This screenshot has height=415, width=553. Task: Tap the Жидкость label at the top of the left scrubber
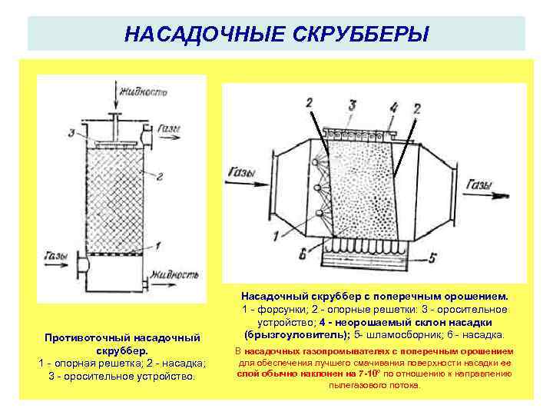coord(144,92)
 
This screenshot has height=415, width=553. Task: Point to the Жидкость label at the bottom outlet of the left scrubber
coord(175,274)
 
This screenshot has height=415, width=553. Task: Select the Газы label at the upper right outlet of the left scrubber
coord(170,131)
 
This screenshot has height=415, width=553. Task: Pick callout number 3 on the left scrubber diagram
coord(71,133)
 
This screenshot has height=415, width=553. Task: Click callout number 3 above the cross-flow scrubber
coord(352,104)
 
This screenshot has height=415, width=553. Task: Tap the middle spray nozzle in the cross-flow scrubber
coord(318,187)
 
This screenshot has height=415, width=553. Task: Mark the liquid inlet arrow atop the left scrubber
coord(115,101)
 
